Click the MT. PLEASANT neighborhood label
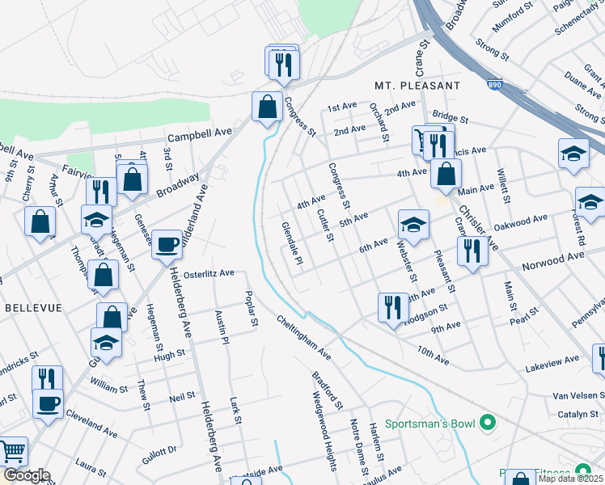coord(417,85)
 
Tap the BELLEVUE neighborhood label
coord(28,309)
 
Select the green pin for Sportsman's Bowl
coord(487,423)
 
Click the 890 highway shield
coord(493,84)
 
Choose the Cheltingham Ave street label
coord(302,338)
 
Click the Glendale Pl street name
coord(291,246)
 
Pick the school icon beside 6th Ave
coord(413,225)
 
